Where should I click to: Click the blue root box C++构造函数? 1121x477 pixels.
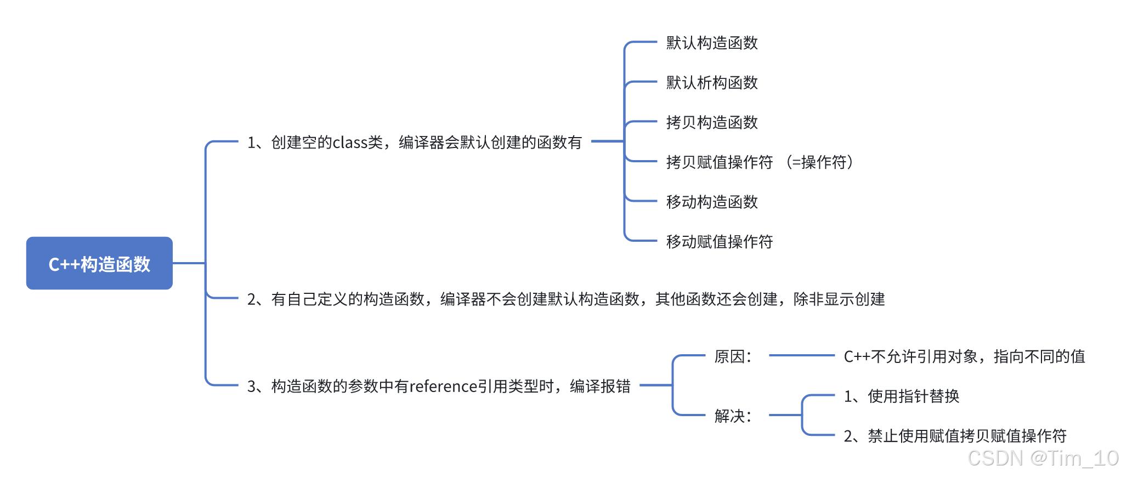pyautogui.click(x=99, y=263)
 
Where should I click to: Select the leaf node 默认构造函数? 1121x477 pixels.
pyautogui.click(x=711, y=43)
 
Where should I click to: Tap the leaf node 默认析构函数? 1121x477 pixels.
pyautogui.click(x=711, y=83)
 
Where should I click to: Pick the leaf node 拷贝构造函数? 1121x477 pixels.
pyautogui.click(x=711, y=122)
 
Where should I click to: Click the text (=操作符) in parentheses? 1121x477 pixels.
pyautogui.click(x=819, y=162)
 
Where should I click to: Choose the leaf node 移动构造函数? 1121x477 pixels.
pyautogui.click(x=711, y=202)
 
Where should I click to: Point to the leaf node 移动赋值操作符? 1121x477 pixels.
pyautogui.click(x=719, y=242)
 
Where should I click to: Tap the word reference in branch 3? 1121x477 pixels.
pyautogui.click(x=443, y=387)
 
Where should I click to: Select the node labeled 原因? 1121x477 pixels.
pyautogui.click(x=733, y=357)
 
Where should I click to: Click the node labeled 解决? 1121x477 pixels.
pyautogui.click(x=733, y=416)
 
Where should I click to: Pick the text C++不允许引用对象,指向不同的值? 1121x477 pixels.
pyautogui.click(x=964, y=357)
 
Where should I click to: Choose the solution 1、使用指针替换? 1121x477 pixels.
pyautogui.click(x=901, y=396)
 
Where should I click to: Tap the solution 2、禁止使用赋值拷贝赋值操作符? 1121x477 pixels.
pyautogui.click(x=955, y=436)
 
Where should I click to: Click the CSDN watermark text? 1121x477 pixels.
pyautogui.click(x=1042, y=458)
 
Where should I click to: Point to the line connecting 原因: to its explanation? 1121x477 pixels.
pyautogui.click(x=801, y=355)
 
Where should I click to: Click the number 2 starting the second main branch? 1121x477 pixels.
pyautogui.click(x=252, y=299)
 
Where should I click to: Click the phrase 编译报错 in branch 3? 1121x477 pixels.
pyautogui.click(x=600, y=387)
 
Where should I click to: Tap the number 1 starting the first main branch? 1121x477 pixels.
pyautogui.click(x=252, y=143)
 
